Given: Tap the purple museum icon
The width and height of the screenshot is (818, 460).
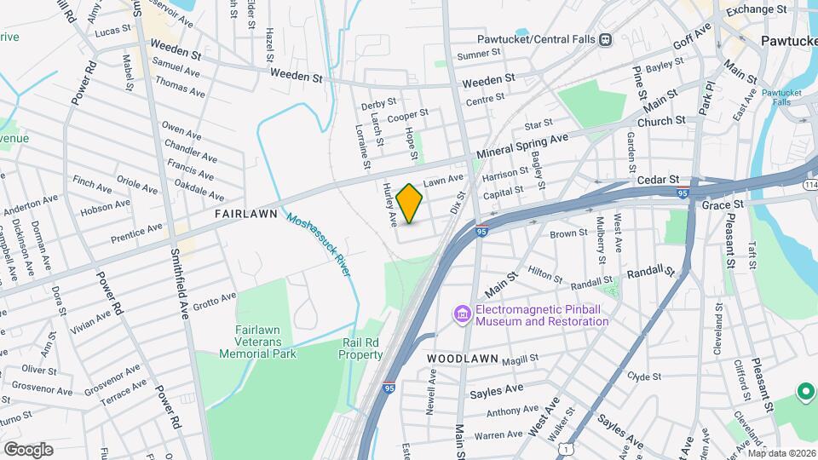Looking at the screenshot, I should [463, 315].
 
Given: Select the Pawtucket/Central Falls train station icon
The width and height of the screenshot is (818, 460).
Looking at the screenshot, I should [605, 39].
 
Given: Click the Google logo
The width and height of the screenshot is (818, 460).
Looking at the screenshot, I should [28, 449].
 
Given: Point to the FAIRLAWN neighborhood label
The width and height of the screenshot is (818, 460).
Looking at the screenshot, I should [246, 214].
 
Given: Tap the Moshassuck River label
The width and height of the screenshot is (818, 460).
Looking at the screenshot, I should [319, 244].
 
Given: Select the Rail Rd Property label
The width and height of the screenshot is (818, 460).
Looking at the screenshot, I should [362, 348].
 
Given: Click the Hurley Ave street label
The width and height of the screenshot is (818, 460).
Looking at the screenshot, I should [390, 204].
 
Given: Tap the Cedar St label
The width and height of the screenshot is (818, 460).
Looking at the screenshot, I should [657, 181].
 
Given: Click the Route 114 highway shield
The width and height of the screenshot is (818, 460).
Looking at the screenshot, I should [809, 185].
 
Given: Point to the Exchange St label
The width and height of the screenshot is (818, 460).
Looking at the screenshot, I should [756, 9].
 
